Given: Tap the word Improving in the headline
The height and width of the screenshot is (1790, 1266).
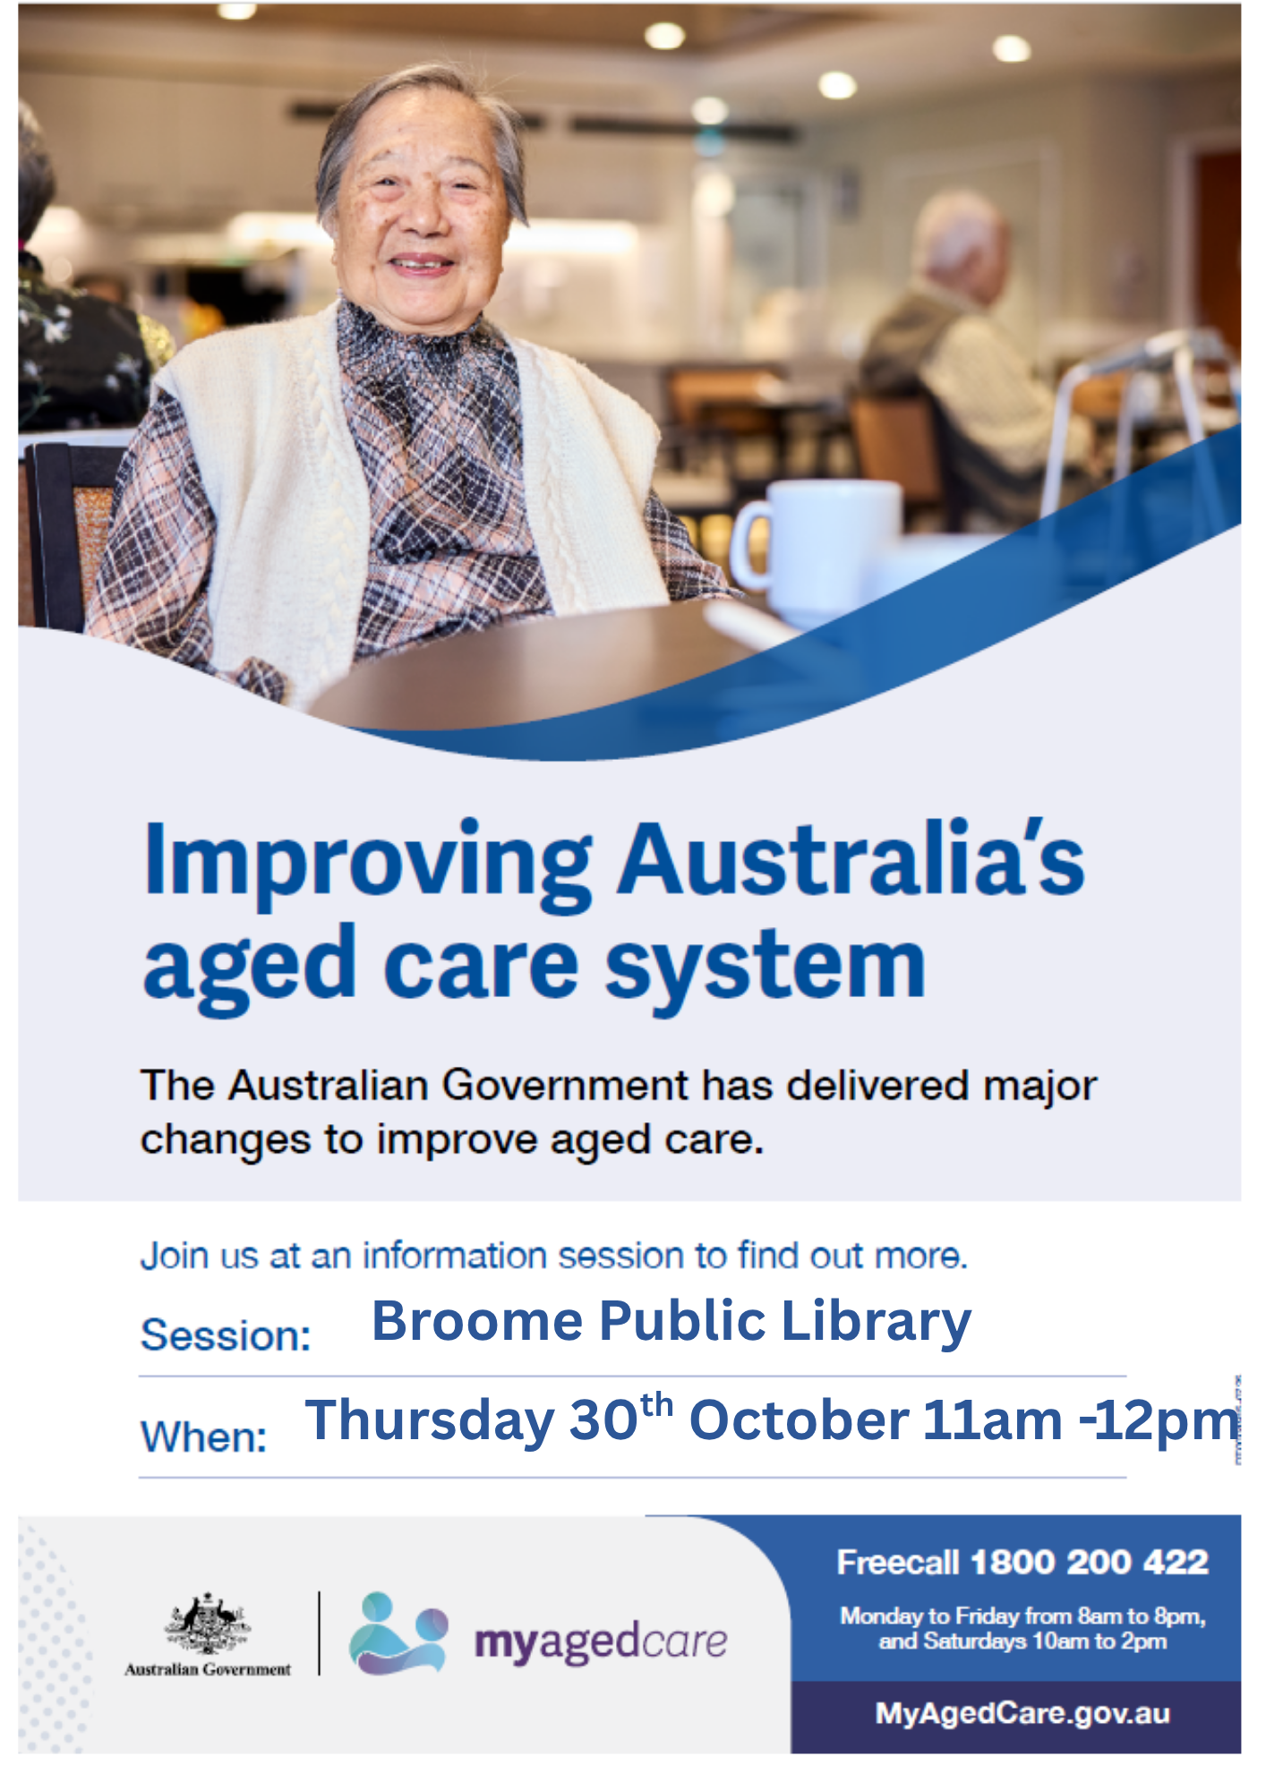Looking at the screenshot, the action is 367,862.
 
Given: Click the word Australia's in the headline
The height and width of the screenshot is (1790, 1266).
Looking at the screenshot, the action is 851,857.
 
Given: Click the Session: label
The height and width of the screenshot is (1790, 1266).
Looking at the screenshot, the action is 227,1336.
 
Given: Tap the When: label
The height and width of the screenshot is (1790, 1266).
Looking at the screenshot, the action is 204,1437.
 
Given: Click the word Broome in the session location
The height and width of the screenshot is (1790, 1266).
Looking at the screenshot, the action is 478,1322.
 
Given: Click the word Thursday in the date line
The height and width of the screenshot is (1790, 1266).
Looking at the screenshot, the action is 430,1422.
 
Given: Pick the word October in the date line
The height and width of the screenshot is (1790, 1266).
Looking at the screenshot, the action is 800,1420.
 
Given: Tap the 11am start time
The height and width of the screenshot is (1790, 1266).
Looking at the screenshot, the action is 993,1421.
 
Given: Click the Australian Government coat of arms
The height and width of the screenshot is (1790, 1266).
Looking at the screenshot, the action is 208,1624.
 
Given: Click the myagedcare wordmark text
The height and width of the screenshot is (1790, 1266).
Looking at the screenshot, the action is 601,1642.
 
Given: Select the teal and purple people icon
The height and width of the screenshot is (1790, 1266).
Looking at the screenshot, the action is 398,1632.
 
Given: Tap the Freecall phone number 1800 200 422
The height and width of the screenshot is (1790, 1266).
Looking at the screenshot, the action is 1090,1563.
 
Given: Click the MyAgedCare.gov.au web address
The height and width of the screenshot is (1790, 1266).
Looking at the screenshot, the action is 1022,1713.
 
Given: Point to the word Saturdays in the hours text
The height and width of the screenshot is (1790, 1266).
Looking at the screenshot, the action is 975,1641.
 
